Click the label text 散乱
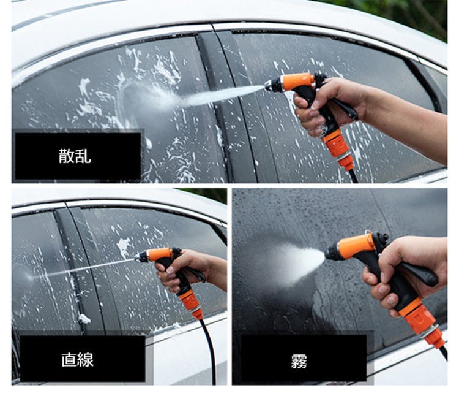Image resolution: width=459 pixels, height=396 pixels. pyautogui.click(x=75, y=156)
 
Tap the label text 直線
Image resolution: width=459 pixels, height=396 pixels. pyautogui.click(x=77, y=360)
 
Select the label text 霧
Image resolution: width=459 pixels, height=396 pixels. pyautogui.click(x=299, y=361)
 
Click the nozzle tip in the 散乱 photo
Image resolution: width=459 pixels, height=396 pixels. pyautogui.click(x=267, y=85)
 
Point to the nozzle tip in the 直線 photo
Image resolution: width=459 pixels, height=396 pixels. pyautogui.click(x=136, y=258)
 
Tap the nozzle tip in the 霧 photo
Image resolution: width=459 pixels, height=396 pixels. pyautogui.click(x=327, y=254)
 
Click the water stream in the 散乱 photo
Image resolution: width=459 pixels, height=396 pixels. pyautogui.click(x=223, y=94)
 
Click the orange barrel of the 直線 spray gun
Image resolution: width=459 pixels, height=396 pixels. pyautogui.click(x=160, y=254)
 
